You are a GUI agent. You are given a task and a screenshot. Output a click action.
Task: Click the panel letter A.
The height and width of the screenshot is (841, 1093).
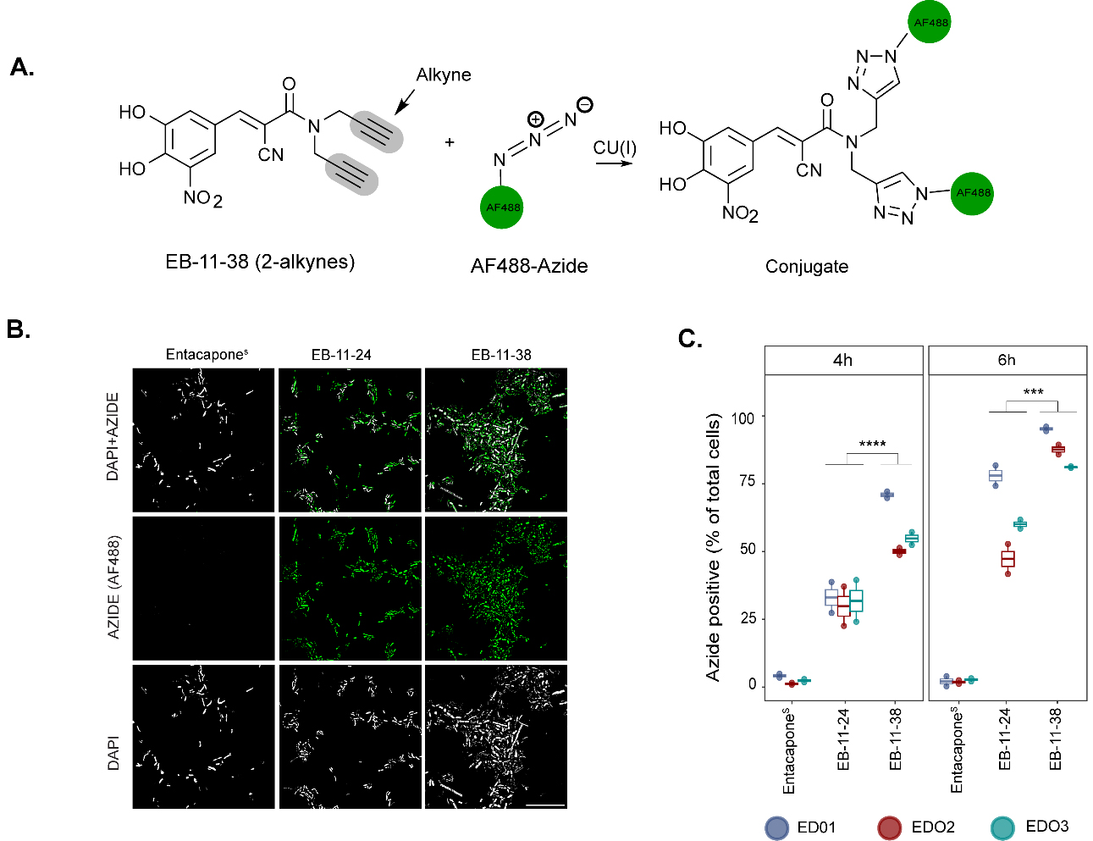click(22, 68)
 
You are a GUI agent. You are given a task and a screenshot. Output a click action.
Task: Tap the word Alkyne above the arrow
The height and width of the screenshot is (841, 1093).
click(443, 75)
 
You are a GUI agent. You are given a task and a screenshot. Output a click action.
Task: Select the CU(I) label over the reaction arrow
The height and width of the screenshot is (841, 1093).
click(615, 147)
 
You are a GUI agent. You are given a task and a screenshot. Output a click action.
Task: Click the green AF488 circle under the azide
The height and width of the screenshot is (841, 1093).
click(502, 207)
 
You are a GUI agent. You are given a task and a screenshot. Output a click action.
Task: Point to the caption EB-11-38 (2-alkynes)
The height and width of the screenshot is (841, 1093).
click(260, 262)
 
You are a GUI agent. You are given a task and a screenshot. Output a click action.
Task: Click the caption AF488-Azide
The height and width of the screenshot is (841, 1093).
click(529, 266)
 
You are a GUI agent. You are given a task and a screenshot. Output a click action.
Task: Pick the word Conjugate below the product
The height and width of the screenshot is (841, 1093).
click(806, 267)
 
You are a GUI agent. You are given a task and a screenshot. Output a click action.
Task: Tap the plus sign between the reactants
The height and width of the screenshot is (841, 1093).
click(450, 142)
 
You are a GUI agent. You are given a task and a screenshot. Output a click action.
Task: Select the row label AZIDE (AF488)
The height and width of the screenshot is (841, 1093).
click(114, 587)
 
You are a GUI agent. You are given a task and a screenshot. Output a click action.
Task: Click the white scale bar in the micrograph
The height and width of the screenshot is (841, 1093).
click(545, 805)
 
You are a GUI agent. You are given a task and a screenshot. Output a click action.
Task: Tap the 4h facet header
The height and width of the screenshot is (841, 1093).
click(843, 360)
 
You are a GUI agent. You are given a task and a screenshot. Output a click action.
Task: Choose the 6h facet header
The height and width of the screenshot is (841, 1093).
click(1007, 360)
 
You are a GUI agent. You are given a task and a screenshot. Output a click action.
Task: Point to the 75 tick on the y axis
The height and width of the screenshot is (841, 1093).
click(747, 483)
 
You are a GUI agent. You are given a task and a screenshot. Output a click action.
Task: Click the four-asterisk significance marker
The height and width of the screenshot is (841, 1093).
click(872, 445)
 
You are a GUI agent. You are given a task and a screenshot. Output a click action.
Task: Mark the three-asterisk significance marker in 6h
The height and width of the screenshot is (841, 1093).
click(1033, 393)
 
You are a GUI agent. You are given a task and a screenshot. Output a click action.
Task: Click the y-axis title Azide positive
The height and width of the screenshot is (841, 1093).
click(714, 547)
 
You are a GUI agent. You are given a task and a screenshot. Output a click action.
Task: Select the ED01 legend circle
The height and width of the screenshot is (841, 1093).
click(776, 827)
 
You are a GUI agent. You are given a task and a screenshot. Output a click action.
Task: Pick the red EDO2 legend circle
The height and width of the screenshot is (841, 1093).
click(889, 827)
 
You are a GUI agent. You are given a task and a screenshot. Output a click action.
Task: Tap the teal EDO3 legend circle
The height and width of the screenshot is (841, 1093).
click(1002, 827)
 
